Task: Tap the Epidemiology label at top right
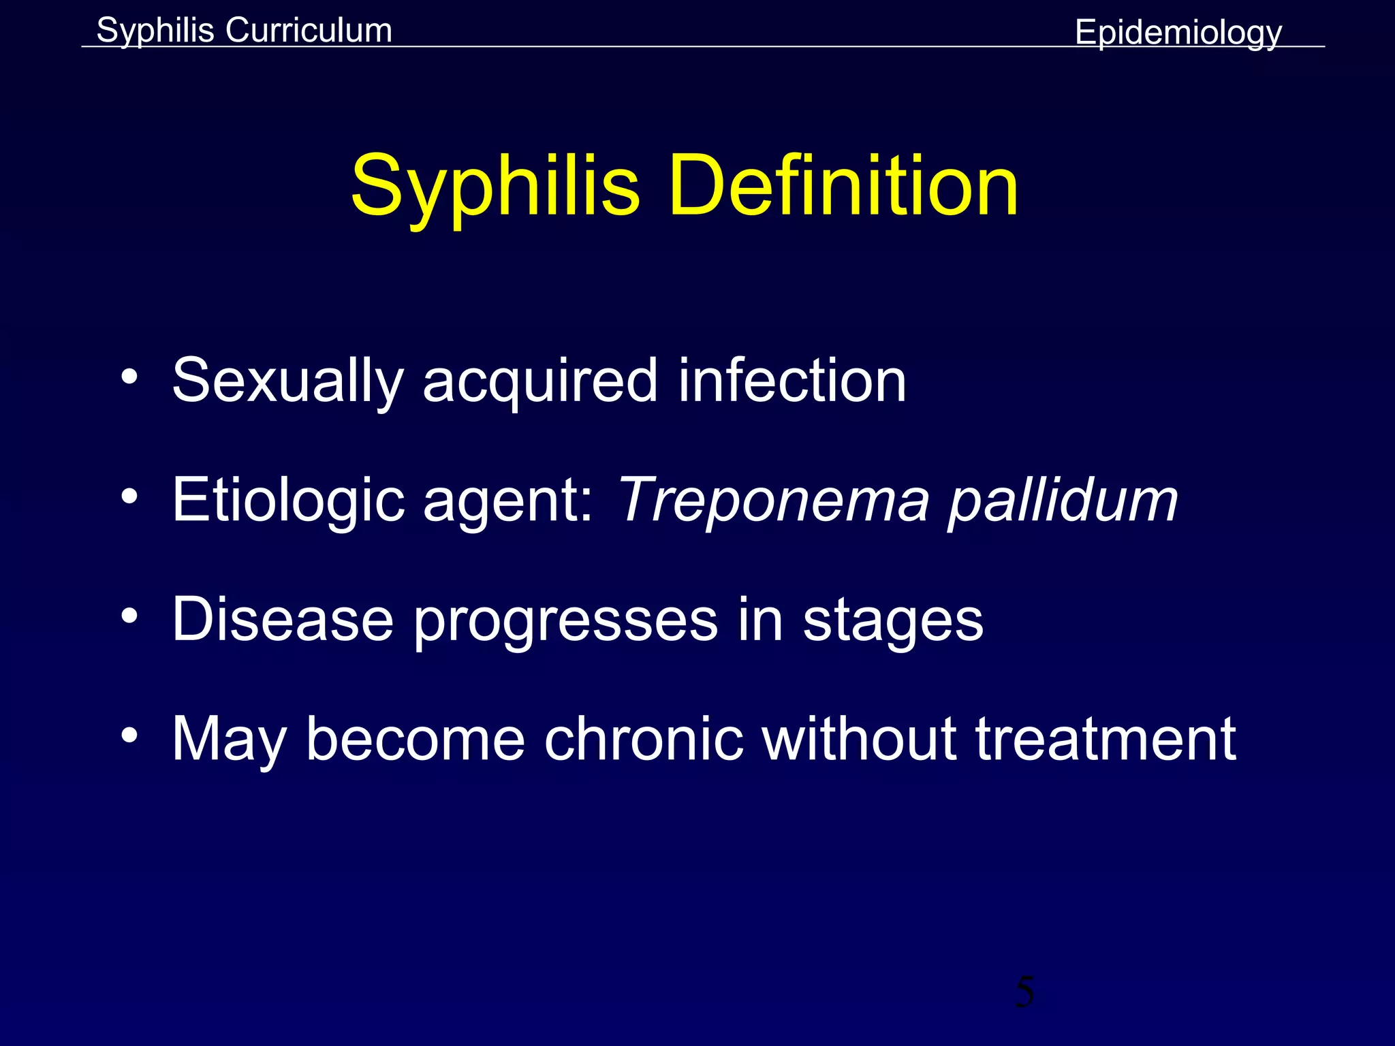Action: coord(1178,33)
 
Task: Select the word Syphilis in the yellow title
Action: coord(495,187)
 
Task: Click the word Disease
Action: coord(283,620)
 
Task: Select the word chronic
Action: coord(643,739)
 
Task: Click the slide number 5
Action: coord(1024,992)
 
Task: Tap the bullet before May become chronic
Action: coord(129,735)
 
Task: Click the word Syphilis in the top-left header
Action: coord(155,31)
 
